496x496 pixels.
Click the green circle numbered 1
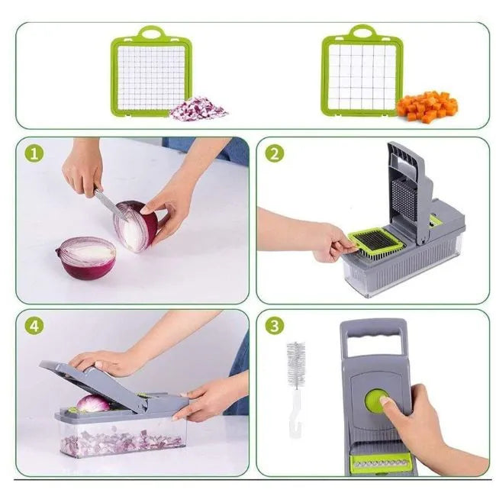(34, 153)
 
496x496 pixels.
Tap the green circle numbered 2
(275, 153)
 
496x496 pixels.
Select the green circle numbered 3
(275, 326)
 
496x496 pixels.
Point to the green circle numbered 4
(34, 326)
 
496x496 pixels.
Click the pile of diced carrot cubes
(427, 106)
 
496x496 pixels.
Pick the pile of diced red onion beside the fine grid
(198, 108)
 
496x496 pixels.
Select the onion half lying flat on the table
(86, 258)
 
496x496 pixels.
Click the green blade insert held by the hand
(375, 243)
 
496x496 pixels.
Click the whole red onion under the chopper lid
(93, 404)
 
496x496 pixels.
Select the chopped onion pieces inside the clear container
(121, 442)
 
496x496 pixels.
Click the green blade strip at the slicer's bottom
(382, 464)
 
